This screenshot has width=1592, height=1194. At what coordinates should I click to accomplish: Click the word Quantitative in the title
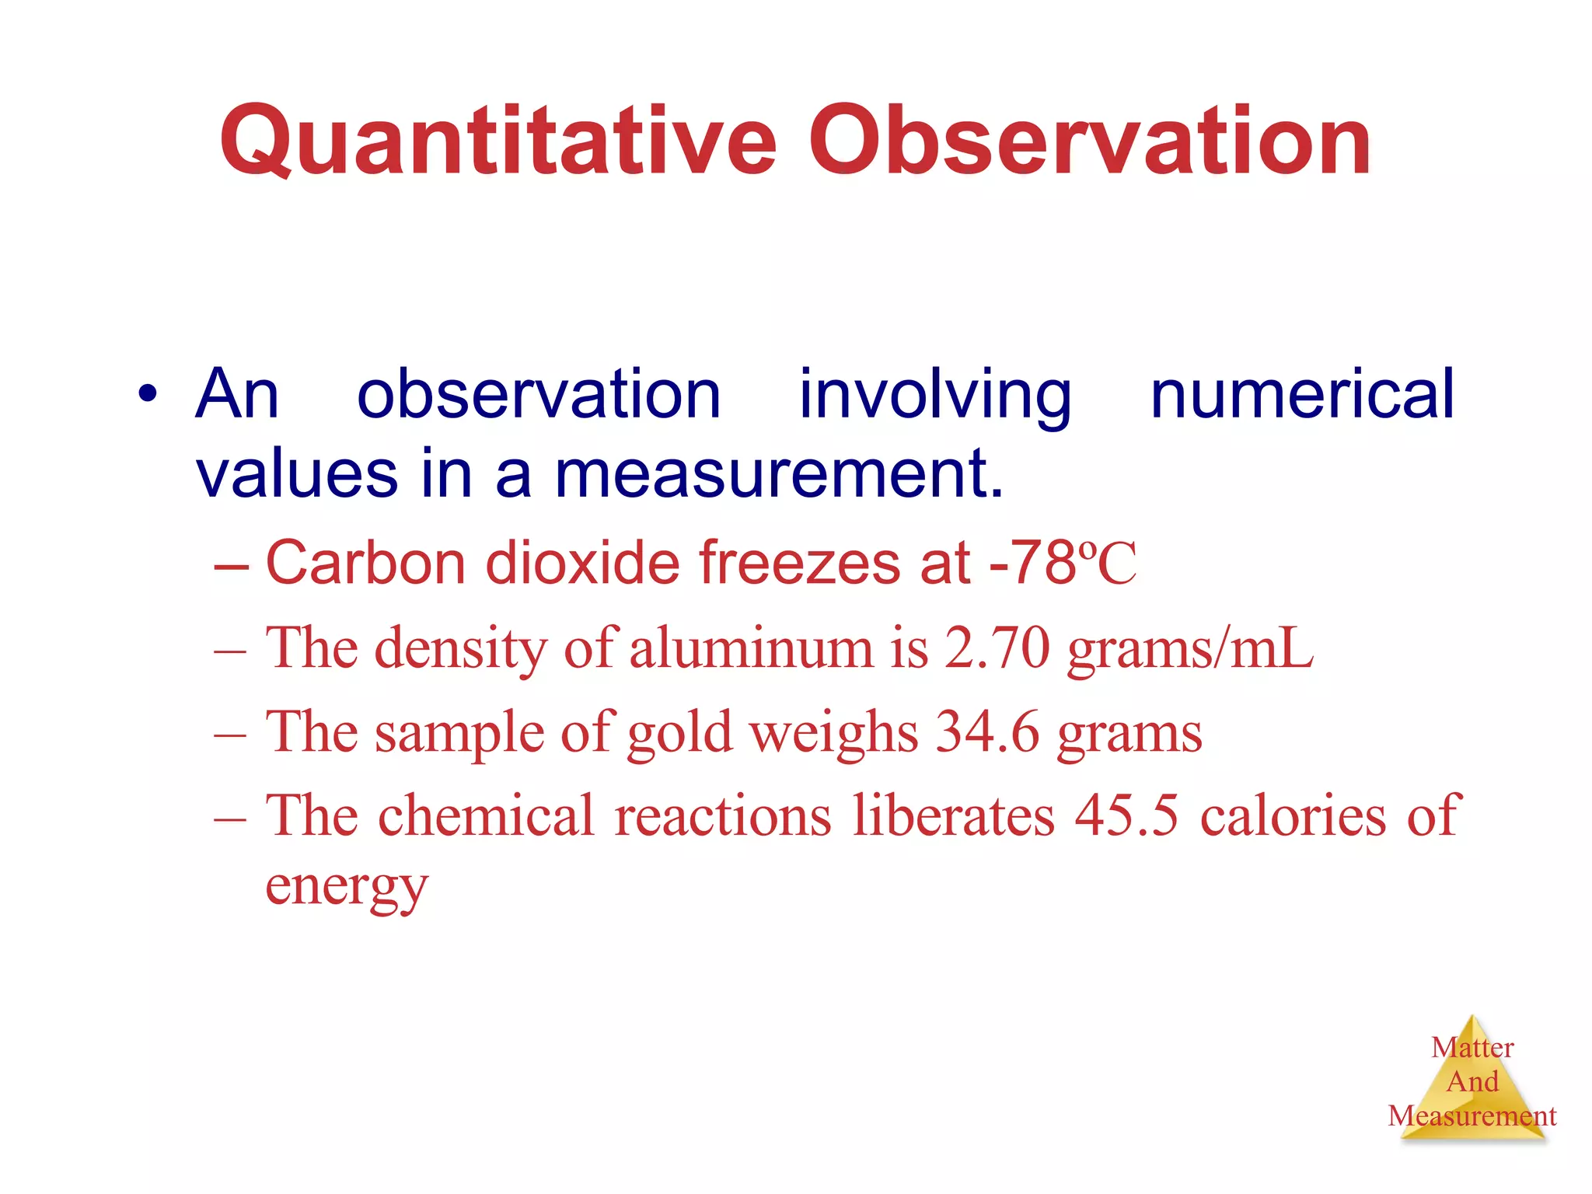pos(497,141)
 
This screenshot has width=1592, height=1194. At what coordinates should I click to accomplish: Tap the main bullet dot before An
pos(146,394)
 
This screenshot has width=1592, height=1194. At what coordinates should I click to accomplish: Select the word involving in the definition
pos(935,394)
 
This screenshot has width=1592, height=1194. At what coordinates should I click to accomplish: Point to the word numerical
pos(1301,394)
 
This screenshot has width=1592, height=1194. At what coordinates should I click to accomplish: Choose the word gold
pos(679,732)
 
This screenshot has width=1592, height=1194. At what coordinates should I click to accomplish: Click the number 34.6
pos(987,732)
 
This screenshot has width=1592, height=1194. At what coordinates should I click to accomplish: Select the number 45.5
pos(1126,816)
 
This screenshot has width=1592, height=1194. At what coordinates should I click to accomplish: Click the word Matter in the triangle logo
pos(1472,1048)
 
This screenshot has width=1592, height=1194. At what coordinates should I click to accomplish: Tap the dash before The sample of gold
pos(230,734)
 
